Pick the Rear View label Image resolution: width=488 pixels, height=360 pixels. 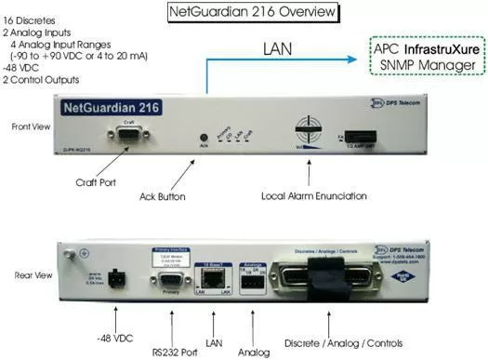(x=32, y=275)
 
